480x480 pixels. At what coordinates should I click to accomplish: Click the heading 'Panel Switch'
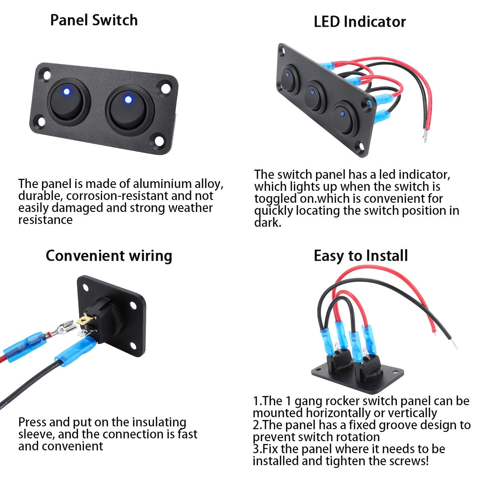pyautogui.click(x=94, y=20)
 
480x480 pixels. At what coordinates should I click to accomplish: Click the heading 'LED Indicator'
pyautogui.click(x=360, y=22)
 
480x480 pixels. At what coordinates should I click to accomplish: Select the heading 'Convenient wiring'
pyautogui.click(x=109, y=256)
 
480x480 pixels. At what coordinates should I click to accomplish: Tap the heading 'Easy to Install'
pyautogui.click(x=360, y=256)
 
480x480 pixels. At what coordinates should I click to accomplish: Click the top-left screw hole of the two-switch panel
pyautogui.click(x=47, y=74)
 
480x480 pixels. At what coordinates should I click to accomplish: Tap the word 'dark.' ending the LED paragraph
pyautogui.click(x=268, y=223)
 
